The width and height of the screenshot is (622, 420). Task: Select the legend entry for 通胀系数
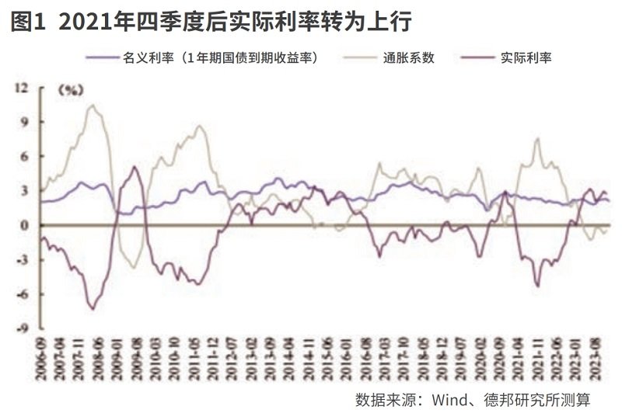point(407,57)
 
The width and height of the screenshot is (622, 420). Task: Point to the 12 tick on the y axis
point(21,89)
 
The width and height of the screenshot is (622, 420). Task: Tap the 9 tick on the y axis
point(24,123)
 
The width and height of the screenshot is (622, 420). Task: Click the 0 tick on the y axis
point(24,226)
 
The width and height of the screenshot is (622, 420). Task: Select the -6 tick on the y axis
point(23,294)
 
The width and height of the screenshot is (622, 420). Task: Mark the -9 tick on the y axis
point(23,328)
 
